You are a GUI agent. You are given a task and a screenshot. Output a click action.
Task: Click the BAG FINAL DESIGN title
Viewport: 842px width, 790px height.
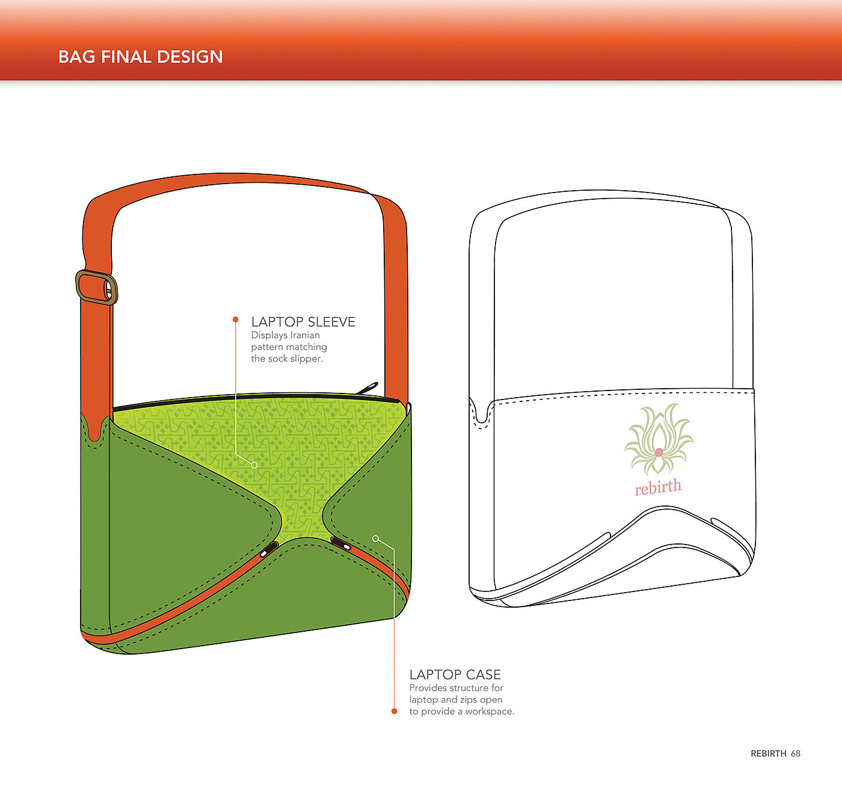click(x=140, y=57)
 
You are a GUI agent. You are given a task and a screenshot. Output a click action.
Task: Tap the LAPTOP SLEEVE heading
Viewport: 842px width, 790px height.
click(x=303, y=322)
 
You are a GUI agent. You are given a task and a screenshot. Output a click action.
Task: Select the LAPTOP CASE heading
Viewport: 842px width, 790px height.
click(x=455, y=674)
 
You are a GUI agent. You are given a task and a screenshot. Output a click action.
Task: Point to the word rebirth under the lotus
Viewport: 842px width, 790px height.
click(x=658, y=487)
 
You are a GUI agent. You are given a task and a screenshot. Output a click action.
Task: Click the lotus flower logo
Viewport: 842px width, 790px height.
click(x=659, y=439)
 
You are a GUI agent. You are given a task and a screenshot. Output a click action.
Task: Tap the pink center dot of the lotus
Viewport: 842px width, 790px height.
click(x=659, y=452)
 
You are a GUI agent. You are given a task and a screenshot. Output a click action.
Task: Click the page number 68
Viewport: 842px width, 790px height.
click(x=796, y=753)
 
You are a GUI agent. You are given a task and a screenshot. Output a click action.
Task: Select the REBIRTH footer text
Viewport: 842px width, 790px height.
click(x=768, y=753)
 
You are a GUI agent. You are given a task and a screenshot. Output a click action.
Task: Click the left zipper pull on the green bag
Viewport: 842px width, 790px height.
click(x=267, y=550)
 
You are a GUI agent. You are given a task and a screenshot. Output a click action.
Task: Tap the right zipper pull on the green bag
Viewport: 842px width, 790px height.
click(x=342, y=545)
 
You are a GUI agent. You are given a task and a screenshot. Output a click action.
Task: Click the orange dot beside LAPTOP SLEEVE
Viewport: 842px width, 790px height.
click(x=236, y=319)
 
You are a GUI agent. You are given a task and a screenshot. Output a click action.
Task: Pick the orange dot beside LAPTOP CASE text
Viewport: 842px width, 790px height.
click(x=395, y=711)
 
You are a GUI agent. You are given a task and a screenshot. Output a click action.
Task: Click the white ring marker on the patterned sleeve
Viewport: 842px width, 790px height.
click(x=254, y=465)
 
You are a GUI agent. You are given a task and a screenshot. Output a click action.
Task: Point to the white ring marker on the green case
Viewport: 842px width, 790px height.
click(x=376, y=538)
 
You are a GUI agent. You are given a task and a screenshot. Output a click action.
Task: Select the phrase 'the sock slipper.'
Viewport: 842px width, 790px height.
click(x=287, y=359)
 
